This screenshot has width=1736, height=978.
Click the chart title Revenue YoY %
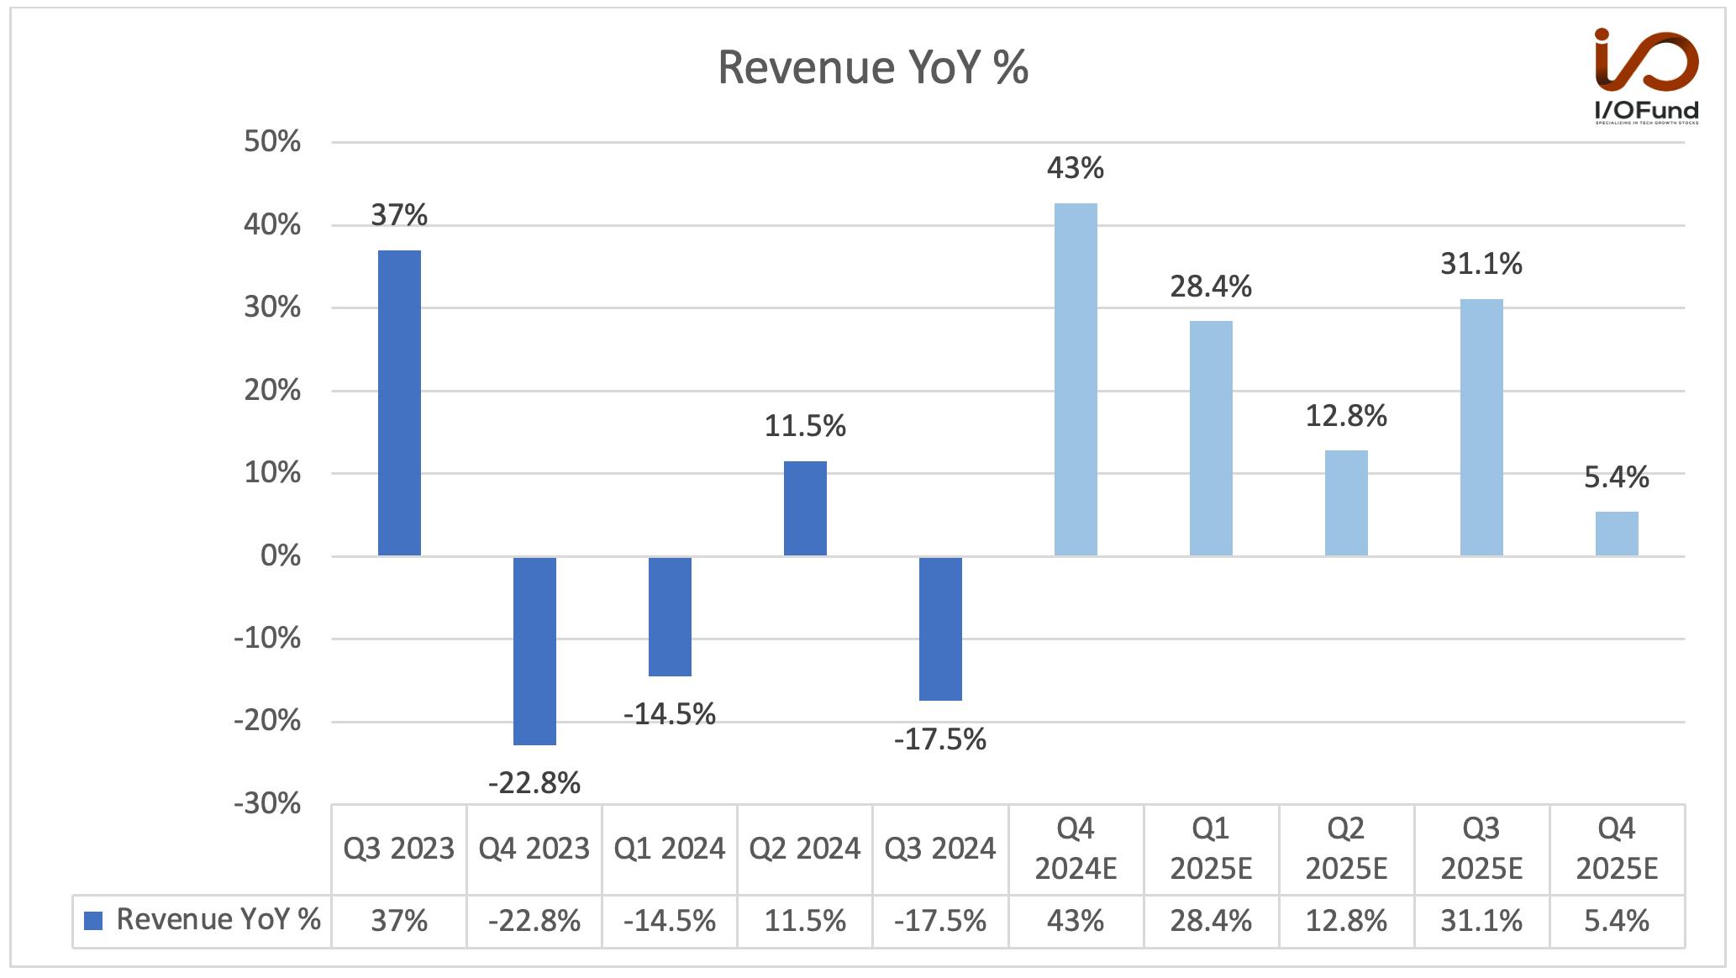[x=873, y=67]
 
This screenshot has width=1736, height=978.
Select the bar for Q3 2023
[x=399, y=403]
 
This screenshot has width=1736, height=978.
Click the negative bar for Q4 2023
[x=534, y=650]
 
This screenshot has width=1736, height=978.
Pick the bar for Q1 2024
[x=670, y=616]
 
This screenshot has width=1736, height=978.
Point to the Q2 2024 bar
[x=805, y=508]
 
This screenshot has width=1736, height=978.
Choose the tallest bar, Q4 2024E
[x=1076, y=380]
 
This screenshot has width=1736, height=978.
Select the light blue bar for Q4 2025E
[x=1617, y=534]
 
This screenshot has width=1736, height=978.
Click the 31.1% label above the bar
[x=1481, y=265]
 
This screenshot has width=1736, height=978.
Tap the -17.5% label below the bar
[x=940, y=739]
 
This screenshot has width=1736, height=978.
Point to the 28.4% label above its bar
[x=1211, y=287]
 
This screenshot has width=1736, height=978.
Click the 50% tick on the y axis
[x=272, y=141]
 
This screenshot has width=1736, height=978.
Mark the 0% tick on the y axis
[x=281, y=555]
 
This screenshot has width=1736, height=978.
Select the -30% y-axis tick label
[x=267, y=804]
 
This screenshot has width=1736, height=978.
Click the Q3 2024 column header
[x=940, y=849]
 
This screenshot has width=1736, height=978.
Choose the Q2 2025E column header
[x=1346, y=849]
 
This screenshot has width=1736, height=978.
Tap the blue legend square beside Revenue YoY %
[x=93, y=921]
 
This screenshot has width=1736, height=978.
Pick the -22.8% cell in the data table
[x=534, y=922]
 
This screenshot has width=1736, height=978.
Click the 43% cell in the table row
[x=1076, y=922]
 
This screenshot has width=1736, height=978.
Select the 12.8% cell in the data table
[x=1346, y=922]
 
